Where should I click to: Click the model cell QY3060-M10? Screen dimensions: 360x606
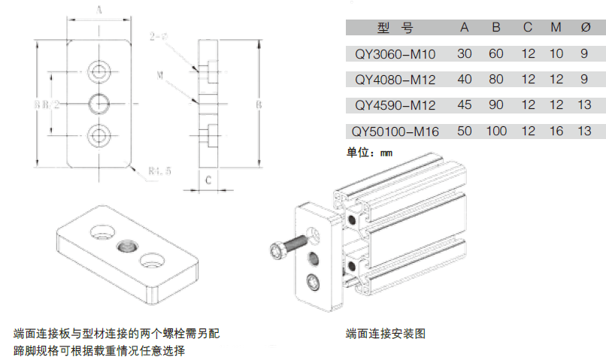[x=395, y=54]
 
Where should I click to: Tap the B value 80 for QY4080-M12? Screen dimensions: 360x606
[x=496, y=79]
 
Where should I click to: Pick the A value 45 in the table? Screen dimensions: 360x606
[x=465, y=105]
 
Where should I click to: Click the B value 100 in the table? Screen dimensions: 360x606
[x=496, y=132]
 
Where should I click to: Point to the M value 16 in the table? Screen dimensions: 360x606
[x=556, y=132]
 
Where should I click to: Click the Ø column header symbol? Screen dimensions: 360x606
[x=586, y=28]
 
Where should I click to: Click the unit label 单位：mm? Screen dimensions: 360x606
[x=369, y=153]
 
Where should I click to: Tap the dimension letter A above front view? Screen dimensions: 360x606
[x=98, y=10]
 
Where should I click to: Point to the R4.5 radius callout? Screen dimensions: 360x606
[x=159, y=171]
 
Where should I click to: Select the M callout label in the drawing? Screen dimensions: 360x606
[x=160, y=75]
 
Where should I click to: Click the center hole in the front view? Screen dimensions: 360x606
[x=98, y=103]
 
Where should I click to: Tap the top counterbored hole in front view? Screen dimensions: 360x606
[x=98, y=71]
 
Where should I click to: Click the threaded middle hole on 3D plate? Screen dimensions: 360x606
[x=126, y=246]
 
